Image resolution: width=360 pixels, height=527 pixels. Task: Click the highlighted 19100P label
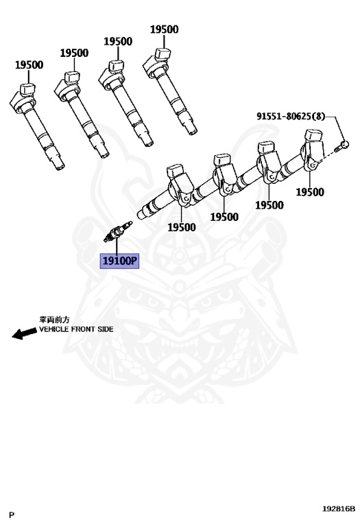[x=119, y=261]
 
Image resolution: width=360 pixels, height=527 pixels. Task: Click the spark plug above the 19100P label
[x=116, y=232]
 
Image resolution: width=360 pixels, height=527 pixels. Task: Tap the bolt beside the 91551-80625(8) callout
[x=341, y=145]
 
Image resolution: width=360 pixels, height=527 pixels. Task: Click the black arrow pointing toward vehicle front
[x=25, y=333]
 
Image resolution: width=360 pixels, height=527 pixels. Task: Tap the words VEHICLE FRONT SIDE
[x=76, y=329]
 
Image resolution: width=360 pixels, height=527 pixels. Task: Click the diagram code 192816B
[x=339, y=508]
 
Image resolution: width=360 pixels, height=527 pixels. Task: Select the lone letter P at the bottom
[x=12, y=513]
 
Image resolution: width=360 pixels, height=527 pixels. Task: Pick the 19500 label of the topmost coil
[x=164, y=30]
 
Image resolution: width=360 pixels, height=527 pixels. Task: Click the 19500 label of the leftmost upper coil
[x=29, y=65]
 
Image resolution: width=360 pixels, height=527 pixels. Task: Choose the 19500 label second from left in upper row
[x=73, y=53]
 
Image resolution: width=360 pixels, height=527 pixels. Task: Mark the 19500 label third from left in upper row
[x=118, y=41]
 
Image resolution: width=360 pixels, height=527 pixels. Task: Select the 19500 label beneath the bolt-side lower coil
[x=309, y=192]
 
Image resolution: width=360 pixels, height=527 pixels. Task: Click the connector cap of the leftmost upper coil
[x=27, y=89]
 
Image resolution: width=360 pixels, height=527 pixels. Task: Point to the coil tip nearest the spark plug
[x=145, y=211]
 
